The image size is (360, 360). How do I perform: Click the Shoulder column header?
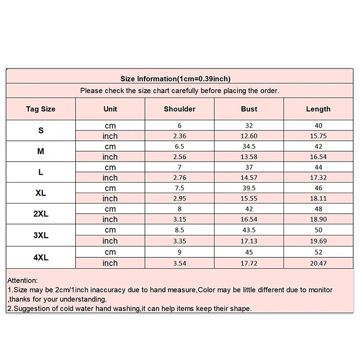click(x=180, y=109)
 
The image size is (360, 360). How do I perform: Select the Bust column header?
click(x=249, y=109)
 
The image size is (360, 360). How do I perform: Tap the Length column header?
click(x=318, y=109)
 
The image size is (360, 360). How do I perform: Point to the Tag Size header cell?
click(x=40, y=109)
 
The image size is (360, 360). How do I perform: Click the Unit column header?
click(x=110, y=109)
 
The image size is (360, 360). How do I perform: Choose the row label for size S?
click(x=40, y=130)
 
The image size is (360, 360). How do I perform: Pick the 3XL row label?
click(x=40, y=235)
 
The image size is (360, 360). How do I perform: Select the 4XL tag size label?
click(x=40, y=257)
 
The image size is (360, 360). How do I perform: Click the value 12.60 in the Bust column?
click(x=249, y=136)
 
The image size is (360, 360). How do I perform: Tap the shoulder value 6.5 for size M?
click(x=180, y=147)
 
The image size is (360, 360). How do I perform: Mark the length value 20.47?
click(x=318, y=263)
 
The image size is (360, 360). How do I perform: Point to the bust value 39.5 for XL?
click(x=249, y=188)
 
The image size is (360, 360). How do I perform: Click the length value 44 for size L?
click(x=318, y=167)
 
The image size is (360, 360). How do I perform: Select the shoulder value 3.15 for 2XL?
click(x=180, y=220)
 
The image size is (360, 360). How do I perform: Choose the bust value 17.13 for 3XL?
click(x=249, y=241)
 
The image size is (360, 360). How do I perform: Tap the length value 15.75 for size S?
click(x=318, y=136)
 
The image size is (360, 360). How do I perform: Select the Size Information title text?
click(x=175, y=79)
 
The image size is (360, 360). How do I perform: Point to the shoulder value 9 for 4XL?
click(x=180, y=252)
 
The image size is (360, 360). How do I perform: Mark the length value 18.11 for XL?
click(x=318, y=198)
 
